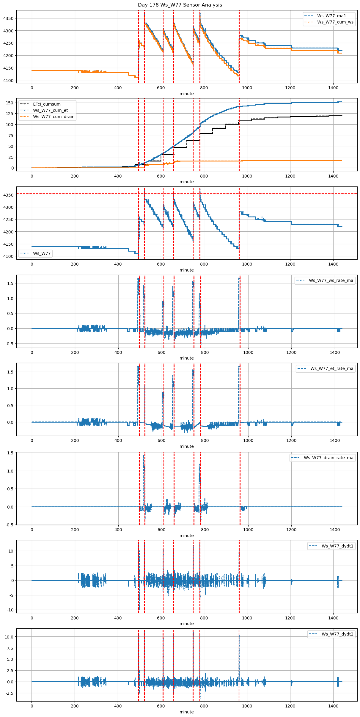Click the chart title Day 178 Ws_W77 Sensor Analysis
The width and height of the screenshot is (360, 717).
tap(180, 5)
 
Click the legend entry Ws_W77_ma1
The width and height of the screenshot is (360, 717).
tap(331, 16)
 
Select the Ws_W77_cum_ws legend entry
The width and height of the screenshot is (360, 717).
tap(335, 22)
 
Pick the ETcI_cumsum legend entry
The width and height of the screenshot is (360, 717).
tap(47, 104)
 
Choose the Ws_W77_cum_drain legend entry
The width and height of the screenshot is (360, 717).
tap(54, 117)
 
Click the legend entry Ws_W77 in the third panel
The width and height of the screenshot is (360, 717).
tap(42, 253)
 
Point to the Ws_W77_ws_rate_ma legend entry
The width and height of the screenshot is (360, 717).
tap(331, 280)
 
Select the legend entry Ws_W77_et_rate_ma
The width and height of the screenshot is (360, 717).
tap(332, 368)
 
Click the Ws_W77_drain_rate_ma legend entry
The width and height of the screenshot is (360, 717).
tap(328, 458)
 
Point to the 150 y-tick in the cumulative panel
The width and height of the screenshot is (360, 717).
tap(10, 103)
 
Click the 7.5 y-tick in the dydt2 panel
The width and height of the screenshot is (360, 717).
tap(10, 648)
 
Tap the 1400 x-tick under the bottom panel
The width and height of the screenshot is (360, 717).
tap(333, 706)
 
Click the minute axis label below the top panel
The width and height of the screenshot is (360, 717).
tap(186, 94)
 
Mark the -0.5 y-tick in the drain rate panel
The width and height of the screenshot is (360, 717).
tap(10, 525)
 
